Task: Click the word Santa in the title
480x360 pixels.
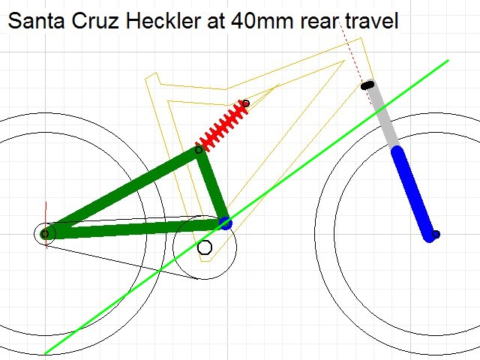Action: pyautogui.click(x=36, y=21)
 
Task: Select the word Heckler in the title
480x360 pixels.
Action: pyautogui.click(x=163, y=21)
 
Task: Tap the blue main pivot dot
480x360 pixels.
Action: pyautogui.click(x=226, y=223)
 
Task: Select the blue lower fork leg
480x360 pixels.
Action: pyautogui.click(x=413, y=193)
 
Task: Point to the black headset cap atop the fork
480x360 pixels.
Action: pyautogui.click(x=367, y=85)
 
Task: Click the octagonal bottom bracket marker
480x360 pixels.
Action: pyautogui.click(x=205, y=247)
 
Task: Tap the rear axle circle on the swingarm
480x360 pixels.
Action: pyautogui.click(x=45, y=234)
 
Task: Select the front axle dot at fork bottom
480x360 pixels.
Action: pyautogui.click(x=436, y=235)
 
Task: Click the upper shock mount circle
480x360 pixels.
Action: pyautogui.click(x=246, y=103)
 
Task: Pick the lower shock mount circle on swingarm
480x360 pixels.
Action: pyautogui.click(x=199, y=150)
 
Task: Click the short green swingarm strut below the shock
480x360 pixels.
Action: pyautogui.click(x=213, y=186)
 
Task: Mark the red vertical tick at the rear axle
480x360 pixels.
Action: pyautogui.click(x=46, y=225)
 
